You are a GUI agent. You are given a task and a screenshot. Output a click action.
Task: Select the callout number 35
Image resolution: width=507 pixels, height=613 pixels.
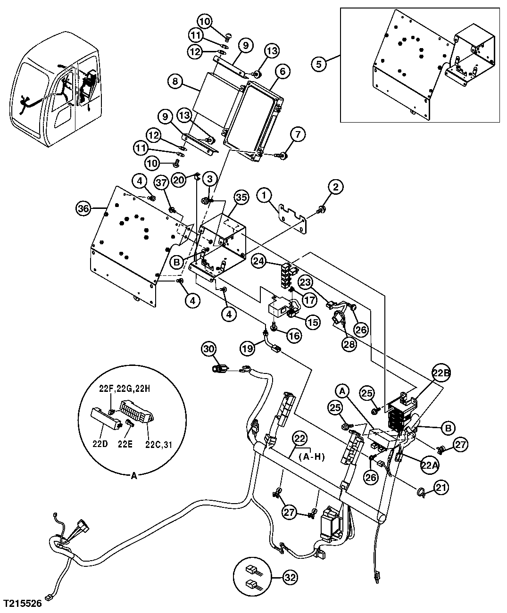241,198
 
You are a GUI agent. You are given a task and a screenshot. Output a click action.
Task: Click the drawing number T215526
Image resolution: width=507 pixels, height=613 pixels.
23,603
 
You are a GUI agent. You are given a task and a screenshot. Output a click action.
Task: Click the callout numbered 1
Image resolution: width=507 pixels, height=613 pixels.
265,194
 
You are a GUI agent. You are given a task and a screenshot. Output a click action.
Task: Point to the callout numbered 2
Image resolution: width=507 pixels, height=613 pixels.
335,187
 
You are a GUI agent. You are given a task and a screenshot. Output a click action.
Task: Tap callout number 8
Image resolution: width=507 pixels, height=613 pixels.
175,82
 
